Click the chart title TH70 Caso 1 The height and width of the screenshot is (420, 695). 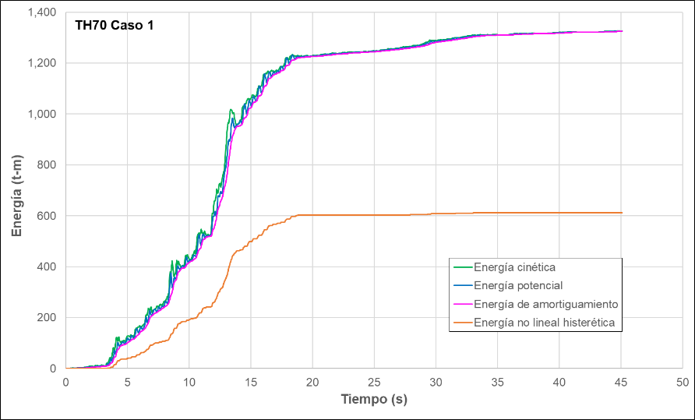pyautogui.click(x=114, y=26)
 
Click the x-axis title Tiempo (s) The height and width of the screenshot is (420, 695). pyautogui.click(x=374, y=400)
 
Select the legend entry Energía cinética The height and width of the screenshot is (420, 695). pyautogui.click(x=514, y=267)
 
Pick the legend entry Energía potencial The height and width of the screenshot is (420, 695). pyautogui.click(x=518, y=285)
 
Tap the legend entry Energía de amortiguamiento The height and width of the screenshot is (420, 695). pyautogui.click(x=546, y=303)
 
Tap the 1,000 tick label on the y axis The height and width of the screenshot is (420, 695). pyautogui.click(x=44, y=115)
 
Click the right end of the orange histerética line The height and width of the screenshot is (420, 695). pyautogui.click(x=621, y=213)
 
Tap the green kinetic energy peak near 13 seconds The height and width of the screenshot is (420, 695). pyautogui.click(x=231, y=110)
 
